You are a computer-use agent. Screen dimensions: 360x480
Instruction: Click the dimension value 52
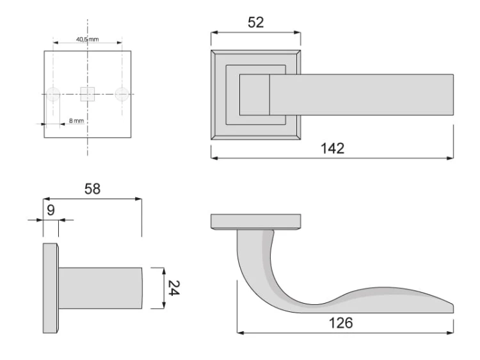(256, 23)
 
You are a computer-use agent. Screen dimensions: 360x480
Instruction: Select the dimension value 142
(333, 148)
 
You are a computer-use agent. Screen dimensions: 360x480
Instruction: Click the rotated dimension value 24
(172, 288)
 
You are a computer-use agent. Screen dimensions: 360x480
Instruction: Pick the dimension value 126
(346, 324)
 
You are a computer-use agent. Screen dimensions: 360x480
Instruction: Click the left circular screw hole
(53, 94)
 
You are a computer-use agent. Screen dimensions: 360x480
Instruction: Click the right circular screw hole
(122, 94)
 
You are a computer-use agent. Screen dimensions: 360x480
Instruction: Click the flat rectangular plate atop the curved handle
(256, 222)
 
